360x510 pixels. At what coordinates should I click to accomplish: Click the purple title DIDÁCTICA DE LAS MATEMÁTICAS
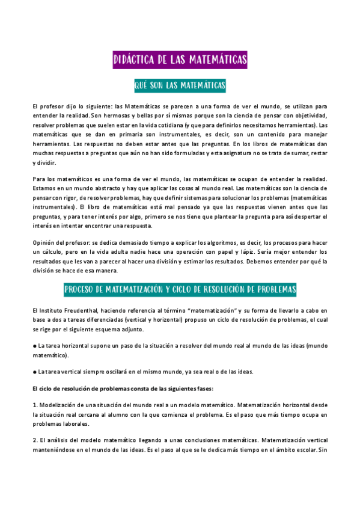tap(180, 60)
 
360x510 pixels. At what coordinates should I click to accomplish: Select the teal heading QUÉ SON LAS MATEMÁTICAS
tap(180, 86)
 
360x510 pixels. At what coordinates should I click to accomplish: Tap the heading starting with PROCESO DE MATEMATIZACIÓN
tap(180, 289)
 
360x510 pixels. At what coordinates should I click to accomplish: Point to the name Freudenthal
tap(87, 310)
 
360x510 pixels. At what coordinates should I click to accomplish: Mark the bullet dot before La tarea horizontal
tap(34, 346)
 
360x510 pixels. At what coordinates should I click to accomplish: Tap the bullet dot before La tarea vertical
tap(34, 372)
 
